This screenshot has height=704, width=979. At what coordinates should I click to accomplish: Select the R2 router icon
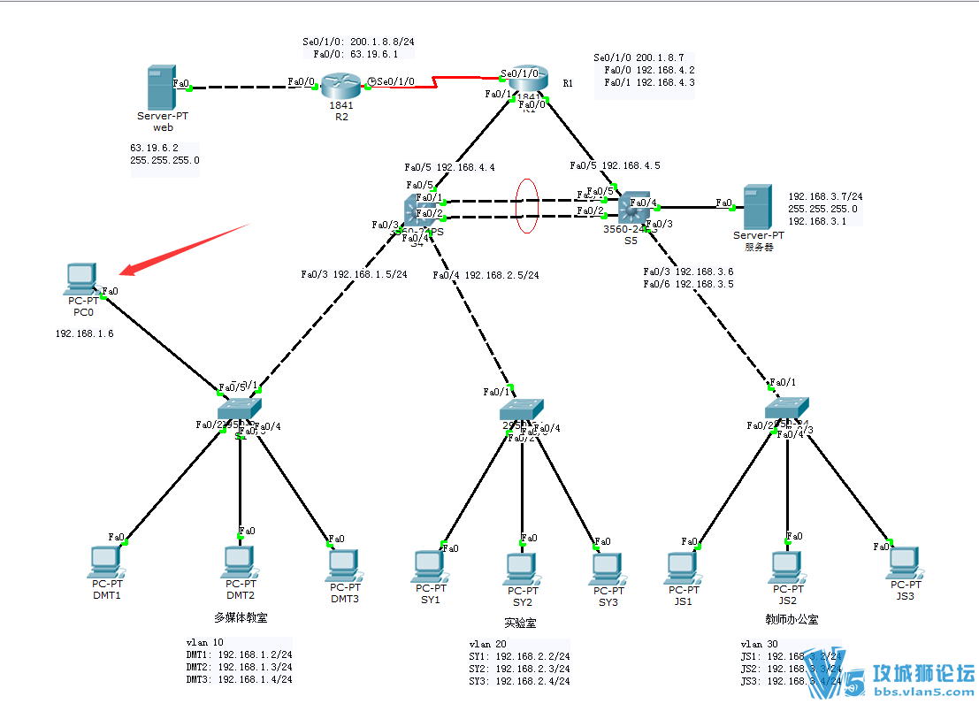(x=337, y=86)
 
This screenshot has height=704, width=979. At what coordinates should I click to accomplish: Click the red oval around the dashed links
(x=527, y=207)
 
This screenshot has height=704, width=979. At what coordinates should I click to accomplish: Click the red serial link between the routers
(x=433, y=82)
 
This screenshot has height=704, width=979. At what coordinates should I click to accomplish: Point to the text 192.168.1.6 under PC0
(x=84, y=334)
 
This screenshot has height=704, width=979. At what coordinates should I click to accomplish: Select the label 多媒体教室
(x=241, y=617)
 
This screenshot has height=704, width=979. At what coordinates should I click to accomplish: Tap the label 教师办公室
(x=792, y=620)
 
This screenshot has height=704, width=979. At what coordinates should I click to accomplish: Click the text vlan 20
(x=488, y=645)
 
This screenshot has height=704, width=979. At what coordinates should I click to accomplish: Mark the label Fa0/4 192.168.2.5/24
(x=486, y=275)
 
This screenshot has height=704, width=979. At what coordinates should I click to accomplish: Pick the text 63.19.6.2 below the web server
(x=155, y=147)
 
